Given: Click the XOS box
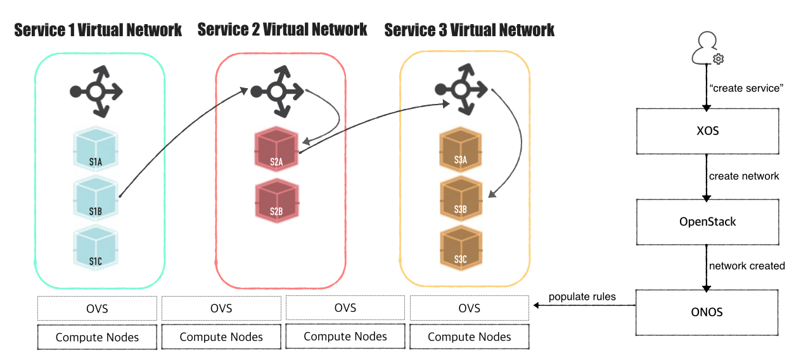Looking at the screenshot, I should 707,131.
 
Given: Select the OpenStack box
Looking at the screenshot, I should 707,222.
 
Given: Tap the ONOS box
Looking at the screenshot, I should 707,312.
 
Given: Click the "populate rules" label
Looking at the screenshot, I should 582,297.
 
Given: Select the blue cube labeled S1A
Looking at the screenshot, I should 96,151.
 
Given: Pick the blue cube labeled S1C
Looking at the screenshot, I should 96,248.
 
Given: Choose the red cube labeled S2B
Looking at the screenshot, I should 276,202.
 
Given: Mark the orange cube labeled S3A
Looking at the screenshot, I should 461,150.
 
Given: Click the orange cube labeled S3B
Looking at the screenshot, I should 461,198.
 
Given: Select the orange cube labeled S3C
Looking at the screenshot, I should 461,248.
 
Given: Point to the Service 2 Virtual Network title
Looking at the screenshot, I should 282,29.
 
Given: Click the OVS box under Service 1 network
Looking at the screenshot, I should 97,309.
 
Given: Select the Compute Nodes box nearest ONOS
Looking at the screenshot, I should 469,337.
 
